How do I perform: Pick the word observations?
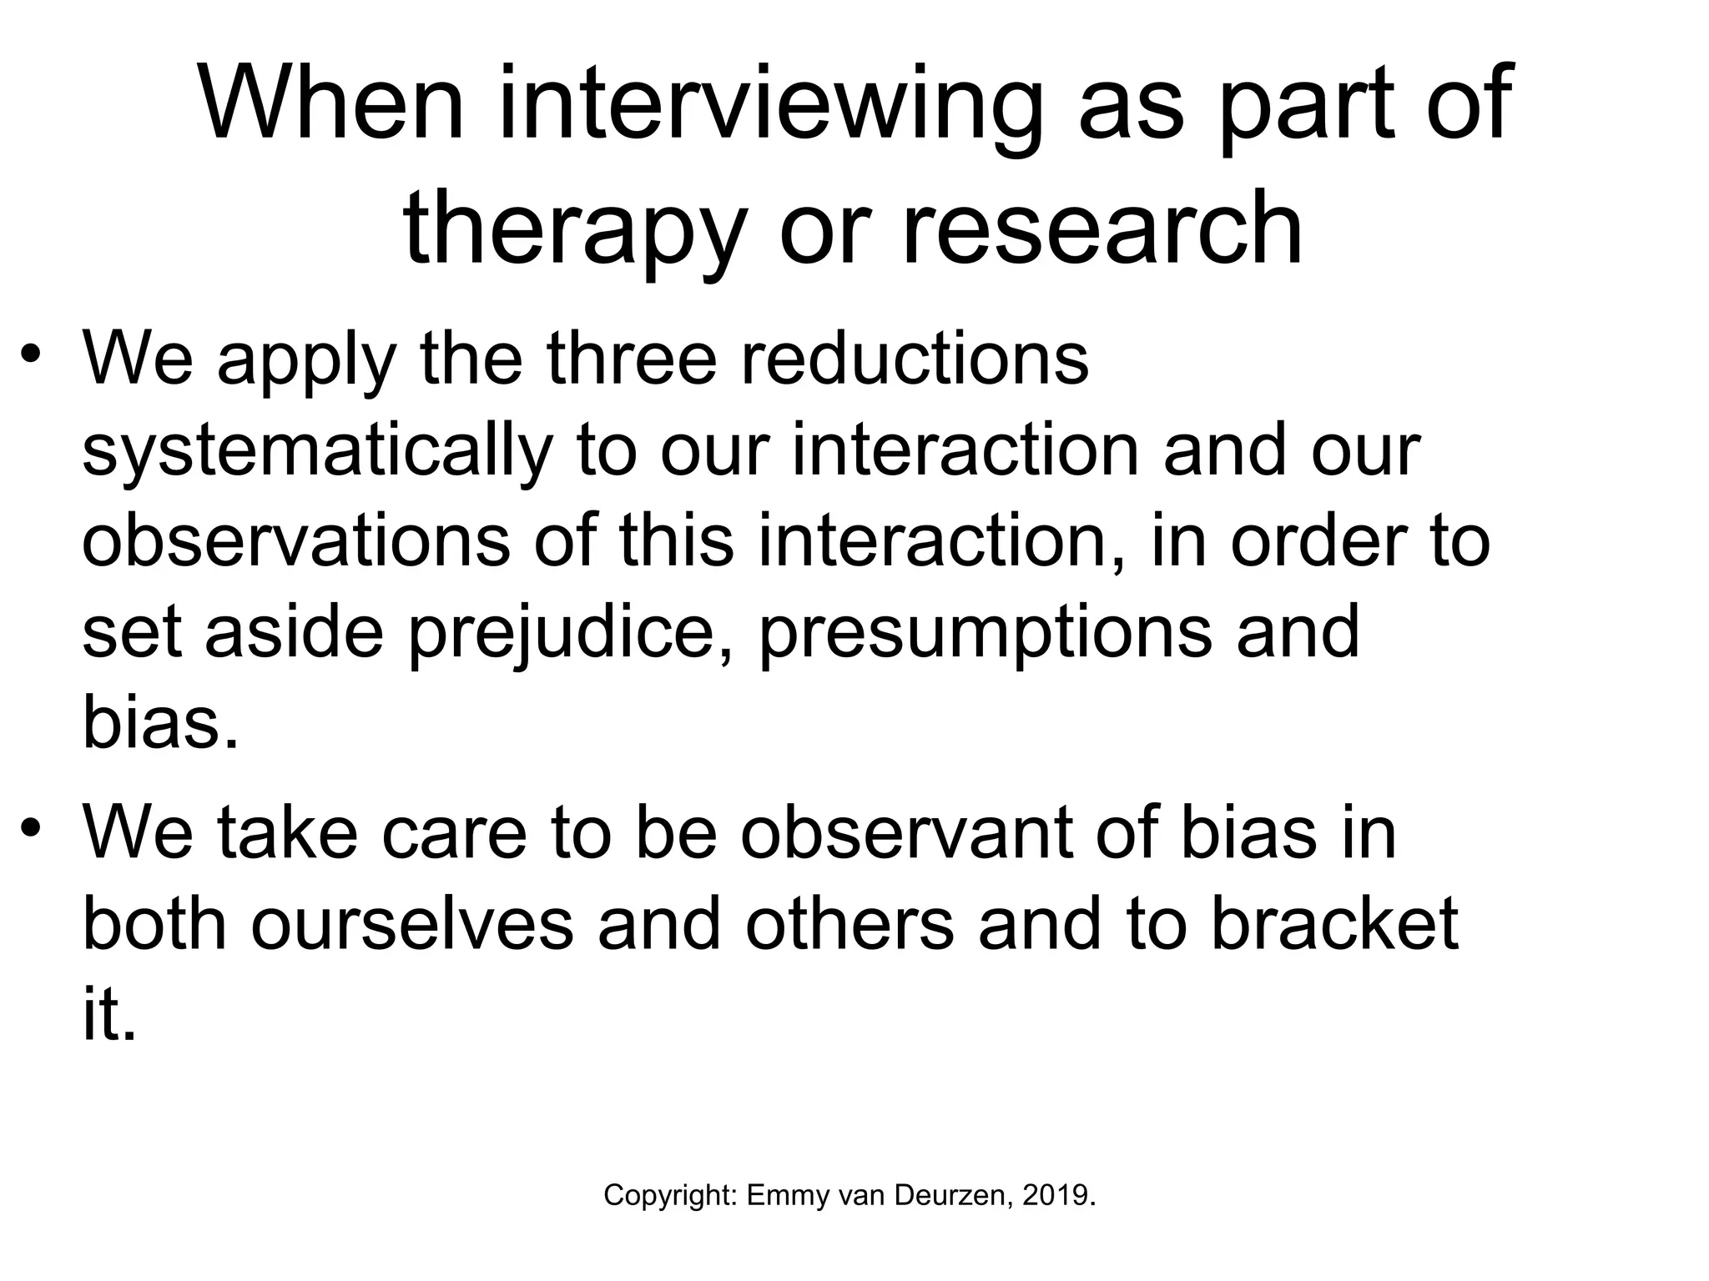(x=296, y=542)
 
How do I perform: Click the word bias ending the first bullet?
(x=159, y=724)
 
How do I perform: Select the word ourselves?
(x=412, y=926)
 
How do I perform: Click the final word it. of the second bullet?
(x=108, y=1017)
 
